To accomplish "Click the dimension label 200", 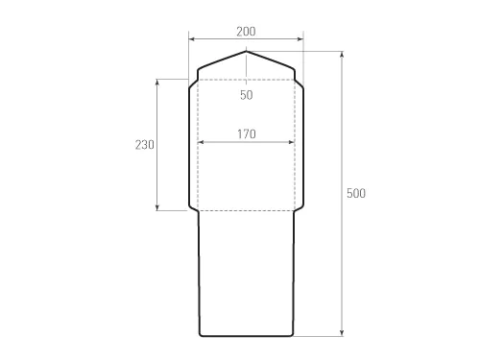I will click(246, 31).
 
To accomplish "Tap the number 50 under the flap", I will click(247, 95).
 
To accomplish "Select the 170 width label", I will click(246, 134).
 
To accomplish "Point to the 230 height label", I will click(144, 144).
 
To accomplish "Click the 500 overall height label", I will click(355, 194).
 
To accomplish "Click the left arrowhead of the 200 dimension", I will click(191, 39).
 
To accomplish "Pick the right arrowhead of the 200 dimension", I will click(301, 39).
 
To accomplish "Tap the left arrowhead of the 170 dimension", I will click(200, 143).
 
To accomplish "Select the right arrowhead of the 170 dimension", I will click(293, 143).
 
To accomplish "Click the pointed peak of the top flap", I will click(247, 52).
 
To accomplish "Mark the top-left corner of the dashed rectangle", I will click(198, 79).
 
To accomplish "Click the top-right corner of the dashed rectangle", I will click(295, 79).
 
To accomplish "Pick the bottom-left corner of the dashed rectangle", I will click(198, 210).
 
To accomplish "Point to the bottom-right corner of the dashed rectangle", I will click(295, 210).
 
